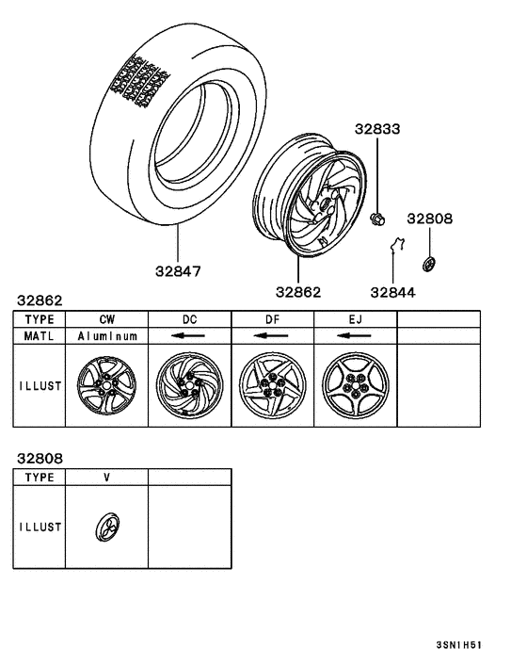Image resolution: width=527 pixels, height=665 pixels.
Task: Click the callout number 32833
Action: coord(377,128)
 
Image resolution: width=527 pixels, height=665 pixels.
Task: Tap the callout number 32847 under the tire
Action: coord(178,271)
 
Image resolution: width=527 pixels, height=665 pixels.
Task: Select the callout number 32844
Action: coord(392,292)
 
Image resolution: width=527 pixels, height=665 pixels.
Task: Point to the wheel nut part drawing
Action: coord(377,219)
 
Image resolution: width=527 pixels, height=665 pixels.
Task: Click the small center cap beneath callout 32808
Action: coord(429,264)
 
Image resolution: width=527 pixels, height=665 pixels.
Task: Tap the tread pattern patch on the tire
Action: coord(139,81)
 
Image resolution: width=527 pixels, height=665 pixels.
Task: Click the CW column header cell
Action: coord(107,319)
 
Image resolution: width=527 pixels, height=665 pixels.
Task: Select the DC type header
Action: coord(190,319)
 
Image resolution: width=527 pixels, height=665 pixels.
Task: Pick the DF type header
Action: coord(272,319)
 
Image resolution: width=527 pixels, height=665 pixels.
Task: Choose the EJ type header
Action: coord(356,319)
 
